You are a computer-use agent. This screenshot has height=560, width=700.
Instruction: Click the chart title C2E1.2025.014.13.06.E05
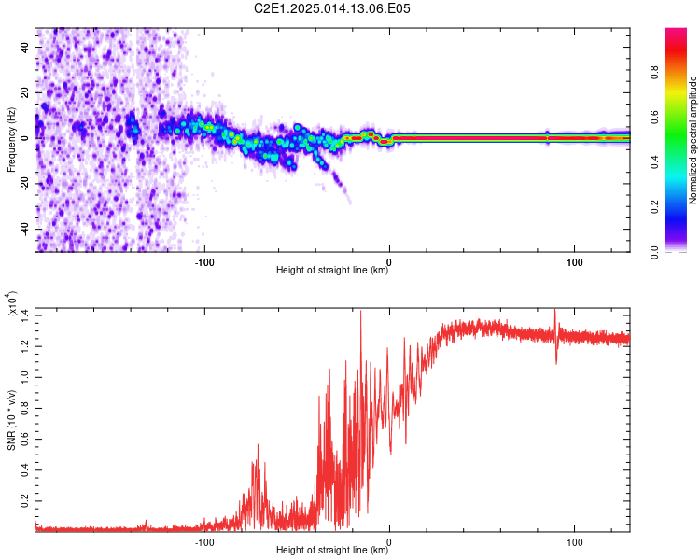coord(333,8)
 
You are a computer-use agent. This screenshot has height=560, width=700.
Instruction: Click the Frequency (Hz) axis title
coord(11,140)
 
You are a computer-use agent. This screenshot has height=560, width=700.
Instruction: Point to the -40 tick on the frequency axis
coord(25,229)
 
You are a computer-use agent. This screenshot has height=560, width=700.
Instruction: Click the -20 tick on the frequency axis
coord(25,183)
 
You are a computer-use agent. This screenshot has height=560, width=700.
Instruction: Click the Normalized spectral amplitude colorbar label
coord(693,140)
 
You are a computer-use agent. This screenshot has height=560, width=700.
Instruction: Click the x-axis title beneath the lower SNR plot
coord(333,551)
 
